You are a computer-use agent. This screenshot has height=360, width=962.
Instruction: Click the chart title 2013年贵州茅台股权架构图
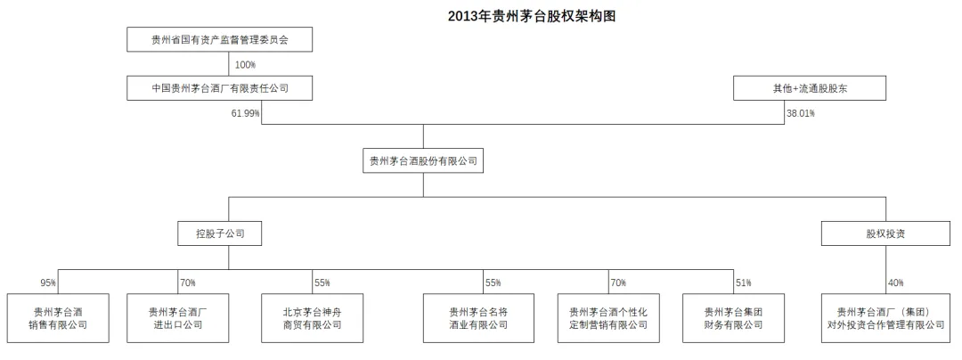point(532,16)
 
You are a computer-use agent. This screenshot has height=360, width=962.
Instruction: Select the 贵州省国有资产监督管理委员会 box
point(220,40)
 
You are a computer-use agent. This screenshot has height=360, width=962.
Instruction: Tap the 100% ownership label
point(246,64)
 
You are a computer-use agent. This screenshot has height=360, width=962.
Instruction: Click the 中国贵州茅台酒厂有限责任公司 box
point(220,88)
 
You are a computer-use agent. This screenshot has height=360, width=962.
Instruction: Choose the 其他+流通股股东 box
point(810,88)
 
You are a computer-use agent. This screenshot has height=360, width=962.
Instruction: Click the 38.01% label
point(801,113)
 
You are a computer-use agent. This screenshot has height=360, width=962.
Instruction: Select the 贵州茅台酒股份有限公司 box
point(423,161)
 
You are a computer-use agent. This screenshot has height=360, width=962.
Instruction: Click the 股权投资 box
point(885,233)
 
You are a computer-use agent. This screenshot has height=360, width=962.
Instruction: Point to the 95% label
point(48,282)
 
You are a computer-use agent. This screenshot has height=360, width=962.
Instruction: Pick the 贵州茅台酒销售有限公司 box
point(58,318)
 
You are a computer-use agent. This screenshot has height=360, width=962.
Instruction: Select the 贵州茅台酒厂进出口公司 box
point(178,318)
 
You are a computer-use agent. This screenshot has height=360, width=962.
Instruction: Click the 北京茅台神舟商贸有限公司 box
point(313,318)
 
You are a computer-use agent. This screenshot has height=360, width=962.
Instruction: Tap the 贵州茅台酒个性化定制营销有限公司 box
point(608,318)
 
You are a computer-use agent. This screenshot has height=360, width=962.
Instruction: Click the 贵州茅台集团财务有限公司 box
point(734,318)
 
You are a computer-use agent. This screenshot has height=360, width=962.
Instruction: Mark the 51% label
point(743,282)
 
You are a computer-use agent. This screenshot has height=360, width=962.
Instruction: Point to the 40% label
point(895,282)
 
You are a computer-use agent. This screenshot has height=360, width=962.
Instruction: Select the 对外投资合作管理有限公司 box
point(885,318)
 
